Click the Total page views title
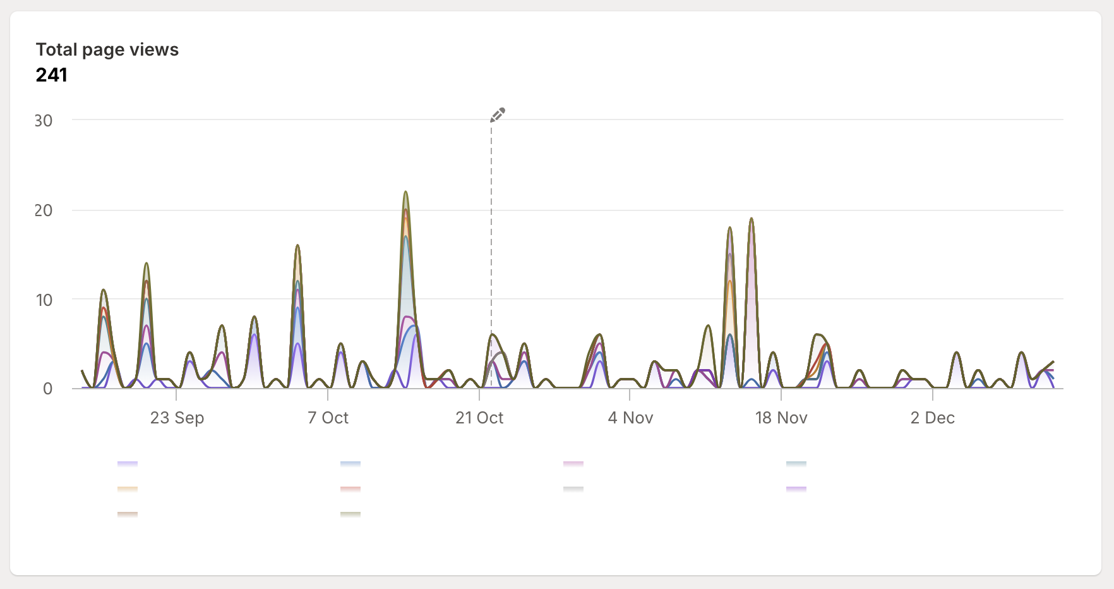click(107, 49)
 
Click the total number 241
click(52, 75)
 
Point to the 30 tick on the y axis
click(44, 121)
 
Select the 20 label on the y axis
click(44, 210)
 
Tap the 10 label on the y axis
click(44, 300)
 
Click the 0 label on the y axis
click(47, 389)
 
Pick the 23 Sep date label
click(177, 418)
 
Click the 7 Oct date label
click(328, 418)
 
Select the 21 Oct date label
click(479, 418)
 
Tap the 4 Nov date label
click(630, 418)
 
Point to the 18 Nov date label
click(781, 418)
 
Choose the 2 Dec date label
click(932, 418)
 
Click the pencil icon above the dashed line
click(498, 114)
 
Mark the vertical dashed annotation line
click(491, 253)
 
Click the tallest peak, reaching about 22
click(405, 192)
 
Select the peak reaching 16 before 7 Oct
click(297, 246)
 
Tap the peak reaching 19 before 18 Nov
click(752, 219)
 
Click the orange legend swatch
click(128, 489)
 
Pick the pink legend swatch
click(573, 464)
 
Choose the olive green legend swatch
click(350, 514)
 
